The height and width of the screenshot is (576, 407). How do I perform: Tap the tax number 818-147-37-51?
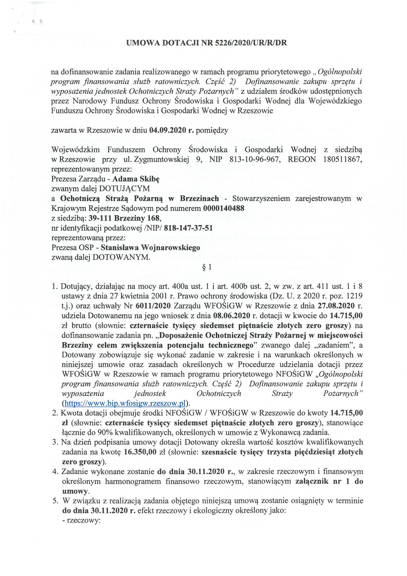(x=188, y=228)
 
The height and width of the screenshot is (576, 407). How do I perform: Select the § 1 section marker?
(x=207, y=267)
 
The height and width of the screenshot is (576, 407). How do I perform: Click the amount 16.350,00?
(x=140, y=452)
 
